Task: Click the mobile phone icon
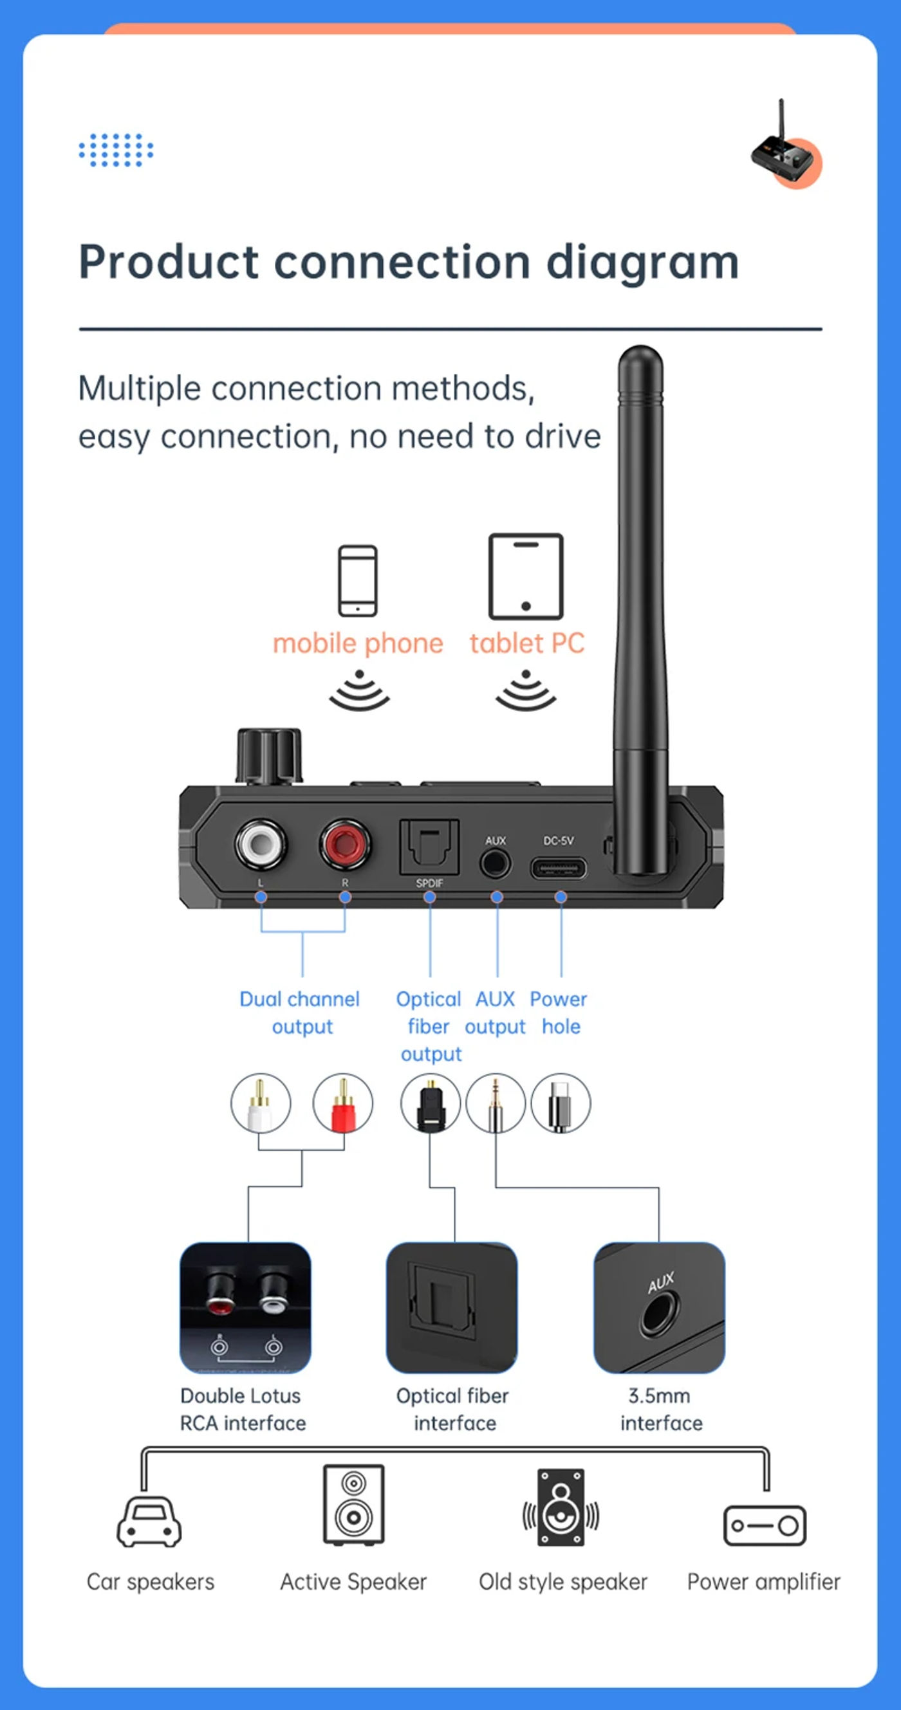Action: click(x=358, y=581)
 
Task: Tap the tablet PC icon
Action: click(x=526, y=576)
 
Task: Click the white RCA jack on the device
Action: click(x=261, y=843)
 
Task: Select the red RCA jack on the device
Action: click(x=344, y=843)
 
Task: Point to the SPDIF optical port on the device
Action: click(x=429, y=847)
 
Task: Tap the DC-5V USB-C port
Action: click(x=559, y=868)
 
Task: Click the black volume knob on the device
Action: click(x=269, y=756)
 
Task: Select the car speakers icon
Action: click(x=149, y=1522)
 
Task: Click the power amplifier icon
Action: click(x=765, y=1525)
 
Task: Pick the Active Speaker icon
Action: click(x=354, y=1505)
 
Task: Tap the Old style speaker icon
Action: click(x=561, y=1507)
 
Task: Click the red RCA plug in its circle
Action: click(x=342, y=1103)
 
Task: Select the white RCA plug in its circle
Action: click(x=260, y=1103)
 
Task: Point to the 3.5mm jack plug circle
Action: click(x=496, y=1103)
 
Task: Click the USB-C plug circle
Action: click(x=561, y=1103)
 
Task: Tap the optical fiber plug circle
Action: click(x=431, y=1103)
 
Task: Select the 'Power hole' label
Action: click(x=559, y=1013)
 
